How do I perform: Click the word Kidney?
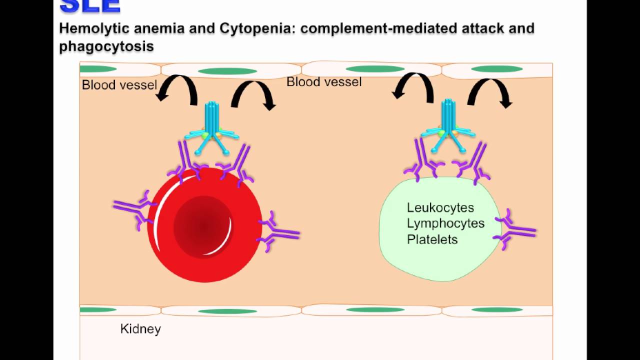(x=140, y=329)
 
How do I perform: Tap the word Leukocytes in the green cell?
(x=440, y=207)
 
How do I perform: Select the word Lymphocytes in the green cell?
(x=445, y=223)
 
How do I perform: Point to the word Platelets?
(x=432, y=239)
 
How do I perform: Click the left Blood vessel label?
(x=119, y=85)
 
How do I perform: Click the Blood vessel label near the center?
(x=323, y=82)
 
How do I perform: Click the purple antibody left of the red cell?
(x=132, y=209)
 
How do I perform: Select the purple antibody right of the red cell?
(x=277, y=231)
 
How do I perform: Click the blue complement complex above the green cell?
(x=447, y=125)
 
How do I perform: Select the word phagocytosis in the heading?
(x=106, y=46)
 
